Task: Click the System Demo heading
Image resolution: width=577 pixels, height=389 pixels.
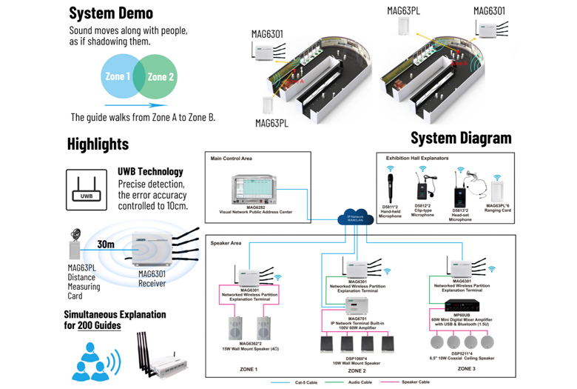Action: [x=111, y=13]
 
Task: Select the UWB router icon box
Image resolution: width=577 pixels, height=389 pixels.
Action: [x=87, y=190]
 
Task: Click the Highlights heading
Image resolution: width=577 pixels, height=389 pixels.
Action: [x=98, y=144]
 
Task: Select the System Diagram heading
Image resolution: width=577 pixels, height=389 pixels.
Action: [x=461, y=138]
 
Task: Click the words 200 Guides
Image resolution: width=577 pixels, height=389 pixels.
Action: [x=99, y=325]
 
